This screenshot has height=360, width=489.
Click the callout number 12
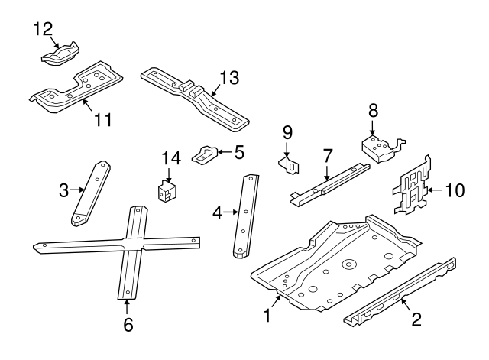pyautogui.click(x=43, y=30)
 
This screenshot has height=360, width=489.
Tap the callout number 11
pyautogui.click(x=103, y=119)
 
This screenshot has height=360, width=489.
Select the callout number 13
pyautogui.click(x=228, y=77)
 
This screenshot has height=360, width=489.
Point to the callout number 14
pyautogui.click(x=170, y=159)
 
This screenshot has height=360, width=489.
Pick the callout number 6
pyautogui.click(x=128, y=325)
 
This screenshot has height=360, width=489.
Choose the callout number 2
pyautogui.click(x=416, y=319)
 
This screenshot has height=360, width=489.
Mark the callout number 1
pyautogui.click(x=267, y=316)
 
